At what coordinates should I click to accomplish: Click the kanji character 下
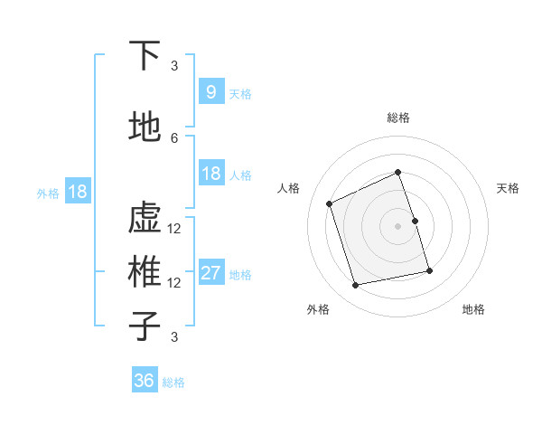[145, 56]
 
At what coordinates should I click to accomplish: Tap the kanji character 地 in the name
[145, 128]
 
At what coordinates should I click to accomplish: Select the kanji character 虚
[145, 219]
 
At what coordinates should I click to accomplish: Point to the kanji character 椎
[145, 272]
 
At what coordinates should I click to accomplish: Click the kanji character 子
[145, 326]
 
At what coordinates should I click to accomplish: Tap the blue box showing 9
[210, 91]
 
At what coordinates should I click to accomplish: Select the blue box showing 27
[210, 273]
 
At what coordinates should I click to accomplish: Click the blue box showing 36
[145, 381]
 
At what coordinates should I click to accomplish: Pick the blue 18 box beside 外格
[77, 192]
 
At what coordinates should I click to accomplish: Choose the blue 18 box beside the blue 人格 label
[210, 174]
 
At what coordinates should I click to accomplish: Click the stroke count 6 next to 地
[174, 137]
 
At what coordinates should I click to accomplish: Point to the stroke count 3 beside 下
[174, 65]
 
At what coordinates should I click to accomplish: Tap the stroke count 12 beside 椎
[174, 282]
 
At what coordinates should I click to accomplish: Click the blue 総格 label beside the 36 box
[173, 382]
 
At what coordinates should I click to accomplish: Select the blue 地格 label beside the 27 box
[240, 275]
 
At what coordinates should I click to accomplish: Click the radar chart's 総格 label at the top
[398, 118]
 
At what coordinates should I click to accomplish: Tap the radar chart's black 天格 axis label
[509, 188]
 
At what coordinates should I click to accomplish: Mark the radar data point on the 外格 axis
[356, 286]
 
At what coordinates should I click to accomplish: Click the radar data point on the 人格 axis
[330, 203]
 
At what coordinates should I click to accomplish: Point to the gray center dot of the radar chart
[398, 225]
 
